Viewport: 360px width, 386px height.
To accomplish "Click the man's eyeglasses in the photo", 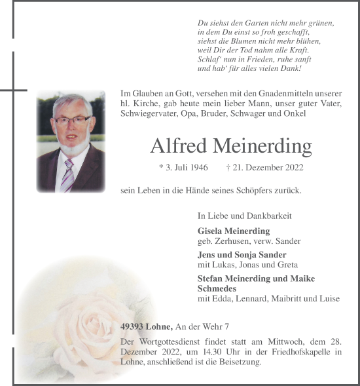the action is pyautogui.click(x=72, y=120).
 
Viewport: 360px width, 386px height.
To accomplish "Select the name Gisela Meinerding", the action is pyautogui.click(x=233, y=231).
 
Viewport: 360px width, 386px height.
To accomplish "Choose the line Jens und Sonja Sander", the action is pyautogui.click(x=242, y=254).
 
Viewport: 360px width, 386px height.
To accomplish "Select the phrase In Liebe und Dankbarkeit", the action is pyautogui.click(x=244, y=215).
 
